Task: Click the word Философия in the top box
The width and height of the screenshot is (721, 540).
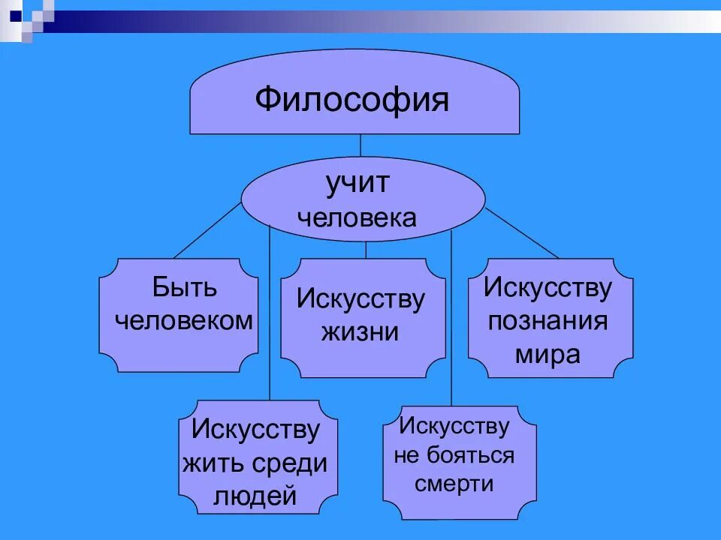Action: [352, 99]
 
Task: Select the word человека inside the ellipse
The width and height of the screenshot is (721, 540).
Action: [357, 218]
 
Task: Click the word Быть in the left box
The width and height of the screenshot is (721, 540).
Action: [185, 287]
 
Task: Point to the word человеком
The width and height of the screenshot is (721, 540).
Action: [184, 321]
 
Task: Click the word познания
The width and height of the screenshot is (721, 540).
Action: [548, 322]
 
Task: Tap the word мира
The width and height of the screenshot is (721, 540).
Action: [548, 355]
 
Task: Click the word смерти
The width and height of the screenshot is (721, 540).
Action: [454, 484]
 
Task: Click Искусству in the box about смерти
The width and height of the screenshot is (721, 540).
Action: [454, 427]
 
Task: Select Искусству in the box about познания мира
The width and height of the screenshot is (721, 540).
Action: [548, 287]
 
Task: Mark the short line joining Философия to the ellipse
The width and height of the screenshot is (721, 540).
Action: [361, 145]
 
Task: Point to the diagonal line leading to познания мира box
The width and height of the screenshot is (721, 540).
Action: [521, 233]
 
